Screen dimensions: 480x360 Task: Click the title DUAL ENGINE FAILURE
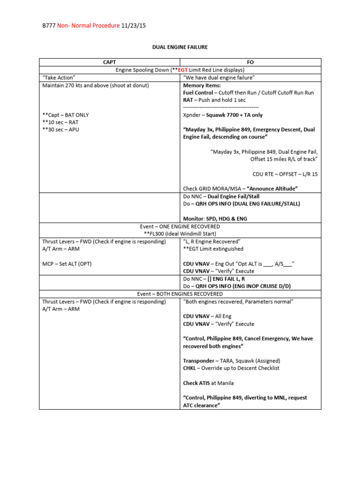coord(180,47)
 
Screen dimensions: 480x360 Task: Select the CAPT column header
coord(109,62)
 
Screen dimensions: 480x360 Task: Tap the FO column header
coord(250,62)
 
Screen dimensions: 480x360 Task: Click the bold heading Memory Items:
coord(202,85)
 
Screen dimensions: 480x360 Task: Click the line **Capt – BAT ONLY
coord(65,115)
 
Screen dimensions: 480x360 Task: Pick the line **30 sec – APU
coord(60,129)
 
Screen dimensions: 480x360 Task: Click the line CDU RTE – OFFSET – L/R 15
coord(285,174)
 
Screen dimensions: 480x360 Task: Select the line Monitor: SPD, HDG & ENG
coord(215,218)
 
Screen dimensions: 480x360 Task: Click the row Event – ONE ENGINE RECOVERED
coord(180,226)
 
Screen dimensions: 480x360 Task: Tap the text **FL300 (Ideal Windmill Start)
coord(180,233)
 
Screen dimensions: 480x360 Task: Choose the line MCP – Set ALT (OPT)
coord(67,263)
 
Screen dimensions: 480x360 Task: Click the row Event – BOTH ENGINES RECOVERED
coord(180,294)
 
